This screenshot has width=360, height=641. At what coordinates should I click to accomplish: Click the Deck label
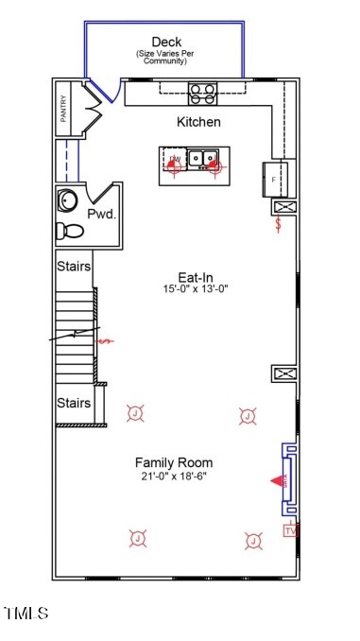pyautogui.click(x=166, y=42)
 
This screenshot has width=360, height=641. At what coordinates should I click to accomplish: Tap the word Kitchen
pyautogui.click(x=198, y=122)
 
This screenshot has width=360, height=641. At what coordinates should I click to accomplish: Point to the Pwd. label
pyautogui.click(x=102, y=215)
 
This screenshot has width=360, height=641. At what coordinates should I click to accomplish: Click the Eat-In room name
pyautogui.click(x=194, y=278)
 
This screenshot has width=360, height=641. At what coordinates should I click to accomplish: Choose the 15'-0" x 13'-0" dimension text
pyautogui.click(x=195, y=290)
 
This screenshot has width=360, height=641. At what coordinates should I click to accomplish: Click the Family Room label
pyautogui.click(x=173, y=462)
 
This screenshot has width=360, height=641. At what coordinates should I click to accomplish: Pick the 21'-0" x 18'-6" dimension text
pyautogui.click(x=173, y=476)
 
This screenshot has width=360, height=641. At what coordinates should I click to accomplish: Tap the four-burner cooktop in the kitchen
pyautogui.click(x=202, y=92)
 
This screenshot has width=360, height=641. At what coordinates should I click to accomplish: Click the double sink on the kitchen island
pyautogui.click(x=199, y=159)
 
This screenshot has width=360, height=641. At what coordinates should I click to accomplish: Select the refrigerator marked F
pyautogui.click(x=274, y=178)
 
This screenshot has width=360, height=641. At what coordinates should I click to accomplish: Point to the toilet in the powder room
pyautogui.click(x=69, y=230)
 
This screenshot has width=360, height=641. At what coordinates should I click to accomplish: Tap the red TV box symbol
pyautogui.click(x=290, y=530)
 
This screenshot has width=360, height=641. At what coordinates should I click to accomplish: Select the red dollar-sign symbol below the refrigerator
pyautogui.click(x=278, y=225)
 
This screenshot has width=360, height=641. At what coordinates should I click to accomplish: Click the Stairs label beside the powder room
pyautogui.click(x=73, y=267)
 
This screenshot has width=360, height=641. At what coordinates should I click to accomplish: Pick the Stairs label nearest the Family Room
pyautogui.click(x=73, y=404)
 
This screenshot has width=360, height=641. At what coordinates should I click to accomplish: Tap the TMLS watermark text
pyautogui.click(x=26, y=615)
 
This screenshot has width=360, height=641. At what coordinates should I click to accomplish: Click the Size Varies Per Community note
pyautogui.click(x=166, y=57)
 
